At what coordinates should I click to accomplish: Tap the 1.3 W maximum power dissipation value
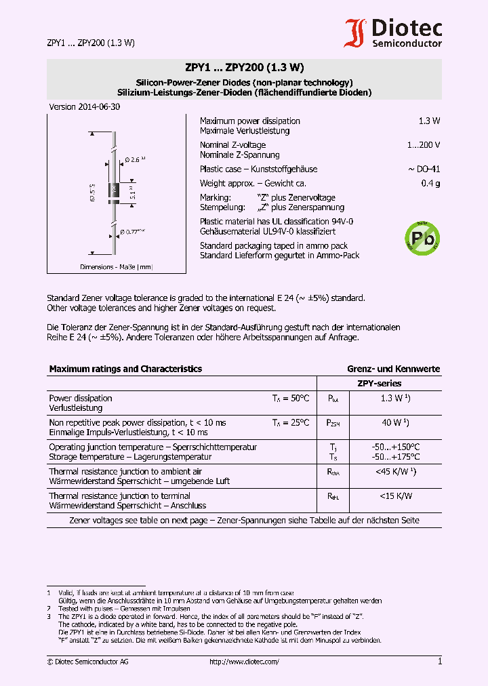[429, 121]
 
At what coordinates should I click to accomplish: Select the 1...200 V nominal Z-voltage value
[424, 145]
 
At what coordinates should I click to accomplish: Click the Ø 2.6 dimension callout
[136, 160]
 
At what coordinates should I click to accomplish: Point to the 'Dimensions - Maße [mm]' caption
[117, 267]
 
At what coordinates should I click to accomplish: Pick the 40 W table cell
[395, 423]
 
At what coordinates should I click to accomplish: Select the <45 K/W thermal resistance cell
[395, 472]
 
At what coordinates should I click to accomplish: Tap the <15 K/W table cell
[395, 496]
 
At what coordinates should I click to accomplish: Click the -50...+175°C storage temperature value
[395, 457]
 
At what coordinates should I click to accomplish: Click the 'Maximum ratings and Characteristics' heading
[125, 369]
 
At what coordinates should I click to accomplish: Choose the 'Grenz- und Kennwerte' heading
[393, 369]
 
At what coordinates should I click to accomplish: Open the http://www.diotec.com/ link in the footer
[244, 662]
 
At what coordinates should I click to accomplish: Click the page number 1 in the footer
[439, 662]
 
